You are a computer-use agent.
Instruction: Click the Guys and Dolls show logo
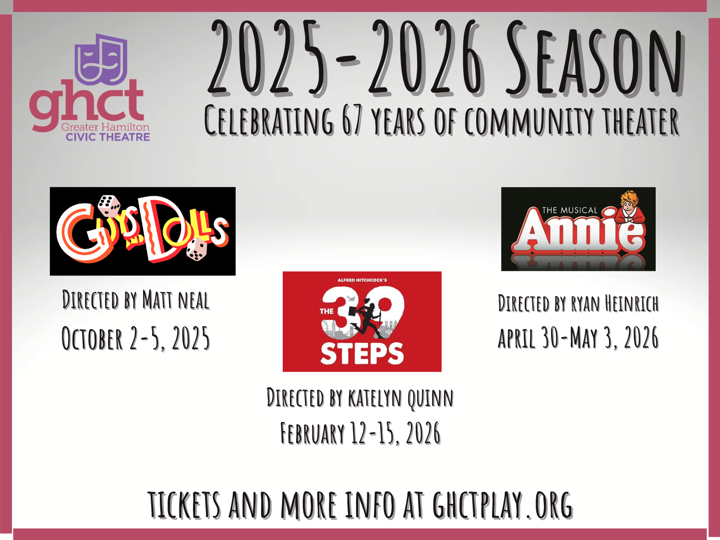click(x=143, y=231)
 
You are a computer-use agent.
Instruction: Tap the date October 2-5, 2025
click(x=136, y=338)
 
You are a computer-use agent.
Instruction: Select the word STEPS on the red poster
click(x=362, y=354)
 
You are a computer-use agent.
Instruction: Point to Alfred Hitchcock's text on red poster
click(x=362, y=280)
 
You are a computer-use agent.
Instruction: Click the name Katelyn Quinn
click(x=400, y=398)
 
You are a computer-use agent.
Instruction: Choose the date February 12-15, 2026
click(x=360, y=433)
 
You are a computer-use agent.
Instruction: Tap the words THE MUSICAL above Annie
click(x=569, y=210)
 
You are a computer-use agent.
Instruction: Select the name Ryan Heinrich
click(x=614, y=304)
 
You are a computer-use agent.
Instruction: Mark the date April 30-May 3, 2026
click(x=578, y=338)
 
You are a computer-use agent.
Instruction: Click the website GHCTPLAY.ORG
click(x=503, y=505)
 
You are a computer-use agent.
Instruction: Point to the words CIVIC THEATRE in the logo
click(x=108, y=137)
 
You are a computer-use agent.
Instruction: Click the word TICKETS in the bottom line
click(x=184, y=505)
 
